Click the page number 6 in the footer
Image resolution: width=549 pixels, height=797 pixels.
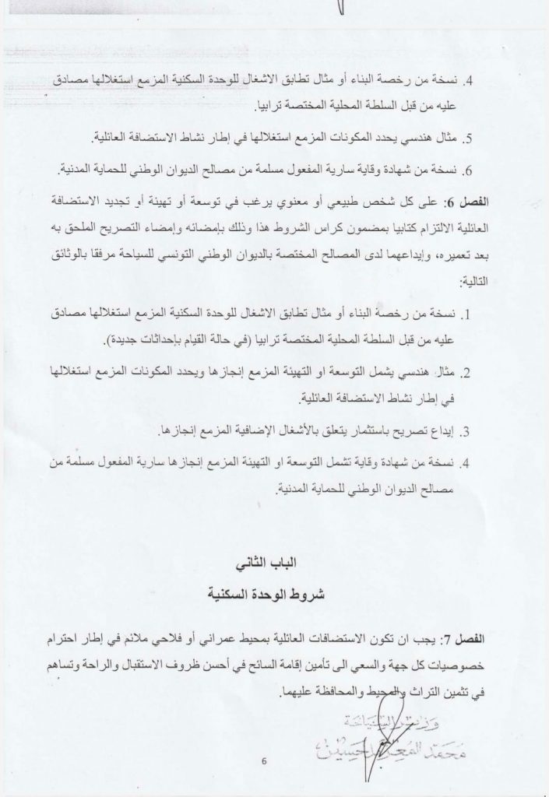[x=265, y=761]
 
